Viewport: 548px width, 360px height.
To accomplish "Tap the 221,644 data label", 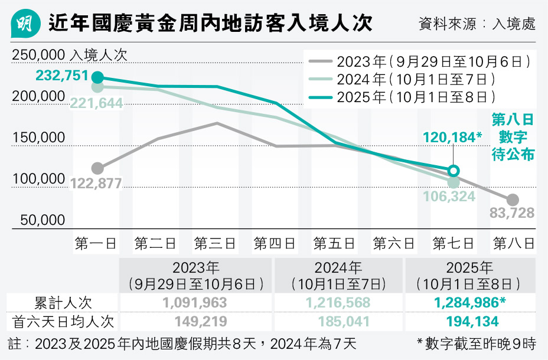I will [x=96, y=104].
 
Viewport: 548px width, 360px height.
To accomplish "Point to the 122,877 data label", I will [x=96, y=184].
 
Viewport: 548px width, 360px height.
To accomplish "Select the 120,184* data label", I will [x=453, y=138].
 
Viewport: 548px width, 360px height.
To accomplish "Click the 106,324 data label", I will [x=449, y=197].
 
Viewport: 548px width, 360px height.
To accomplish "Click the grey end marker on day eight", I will [x=513, y=200].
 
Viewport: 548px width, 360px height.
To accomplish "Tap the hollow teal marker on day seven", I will [x=453, y=171].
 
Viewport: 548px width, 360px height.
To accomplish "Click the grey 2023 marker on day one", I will [x=97, y=168].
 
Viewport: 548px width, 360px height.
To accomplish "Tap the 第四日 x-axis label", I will [x=275, y=243].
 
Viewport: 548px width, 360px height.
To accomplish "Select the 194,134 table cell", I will [x=469, y=322].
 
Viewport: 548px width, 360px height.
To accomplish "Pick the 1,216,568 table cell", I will [x=338, y=303].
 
